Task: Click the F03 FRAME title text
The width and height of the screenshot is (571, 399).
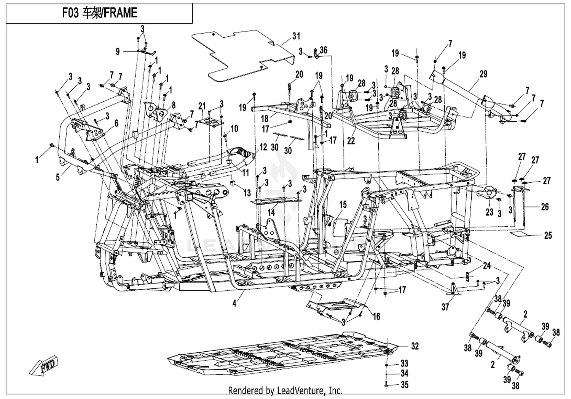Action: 100,13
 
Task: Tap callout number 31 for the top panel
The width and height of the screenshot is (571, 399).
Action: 296,36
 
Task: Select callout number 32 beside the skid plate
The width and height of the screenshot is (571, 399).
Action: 415,346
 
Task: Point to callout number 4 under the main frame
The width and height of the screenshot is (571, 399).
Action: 234,304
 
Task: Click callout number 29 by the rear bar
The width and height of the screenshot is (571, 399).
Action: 483,74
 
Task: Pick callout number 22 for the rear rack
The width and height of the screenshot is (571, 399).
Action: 351,140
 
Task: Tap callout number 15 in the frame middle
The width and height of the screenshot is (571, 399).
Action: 343,204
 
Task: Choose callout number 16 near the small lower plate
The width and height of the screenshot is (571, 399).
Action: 376,317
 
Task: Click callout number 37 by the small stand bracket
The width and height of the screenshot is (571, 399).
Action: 445,307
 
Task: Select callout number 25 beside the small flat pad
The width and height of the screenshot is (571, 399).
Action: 547,235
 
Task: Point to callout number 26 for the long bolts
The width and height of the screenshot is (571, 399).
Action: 545,207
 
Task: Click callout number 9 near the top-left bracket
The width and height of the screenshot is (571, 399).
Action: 118,51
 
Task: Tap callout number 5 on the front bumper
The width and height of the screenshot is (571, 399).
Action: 58,177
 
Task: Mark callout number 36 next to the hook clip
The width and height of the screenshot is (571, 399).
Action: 323,50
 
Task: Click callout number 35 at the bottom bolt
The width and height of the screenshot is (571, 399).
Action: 405,385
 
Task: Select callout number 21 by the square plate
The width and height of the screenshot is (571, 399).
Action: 202,106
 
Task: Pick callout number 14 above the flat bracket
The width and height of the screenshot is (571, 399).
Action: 271,212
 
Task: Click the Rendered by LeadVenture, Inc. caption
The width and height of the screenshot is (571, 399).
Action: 285,390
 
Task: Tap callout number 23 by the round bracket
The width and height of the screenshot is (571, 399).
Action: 489,212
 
